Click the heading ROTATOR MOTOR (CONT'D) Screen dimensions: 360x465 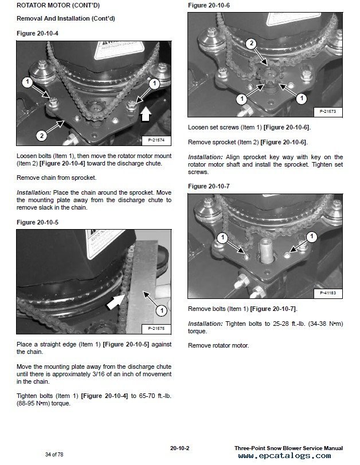tap(58, 5)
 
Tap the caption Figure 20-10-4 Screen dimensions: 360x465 tap(37, 33)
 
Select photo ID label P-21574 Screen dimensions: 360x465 tap(156, 140)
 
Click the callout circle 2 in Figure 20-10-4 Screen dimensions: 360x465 tap(42, 136)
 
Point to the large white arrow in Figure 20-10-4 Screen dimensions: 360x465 tap(145, 114)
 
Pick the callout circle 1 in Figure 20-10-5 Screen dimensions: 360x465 tap(162, 310)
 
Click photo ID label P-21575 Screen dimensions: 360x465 tap(156, 328)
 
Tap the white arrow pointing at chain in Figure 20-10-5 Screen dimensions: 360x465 tap(116, 302)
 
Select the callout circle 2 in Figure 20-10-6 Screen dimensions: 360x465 tap(252, 44)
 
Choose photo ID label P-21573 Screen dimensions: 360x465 tap(328, 112)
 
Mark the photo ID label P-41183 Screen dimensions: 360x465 tap(328, 293)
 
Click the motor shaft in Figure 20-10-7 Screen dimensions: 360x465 tap(266, 251)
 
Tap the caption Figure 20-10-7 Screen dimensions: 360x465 tap(209, 186)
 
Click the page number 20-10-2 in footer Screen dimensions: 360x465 tap(180, 448)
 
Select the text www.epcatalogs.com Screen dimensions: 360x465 tap(284, 456)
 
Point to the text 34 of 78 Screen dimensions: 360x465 tap(54, 454)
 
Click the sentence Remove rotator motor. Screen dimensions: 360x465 tap(218, 345)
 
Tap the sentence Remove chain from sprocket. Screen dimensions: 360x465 tap(56, 178)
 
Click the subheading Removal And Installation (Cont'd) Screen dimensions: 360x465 tap(65, 18)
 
